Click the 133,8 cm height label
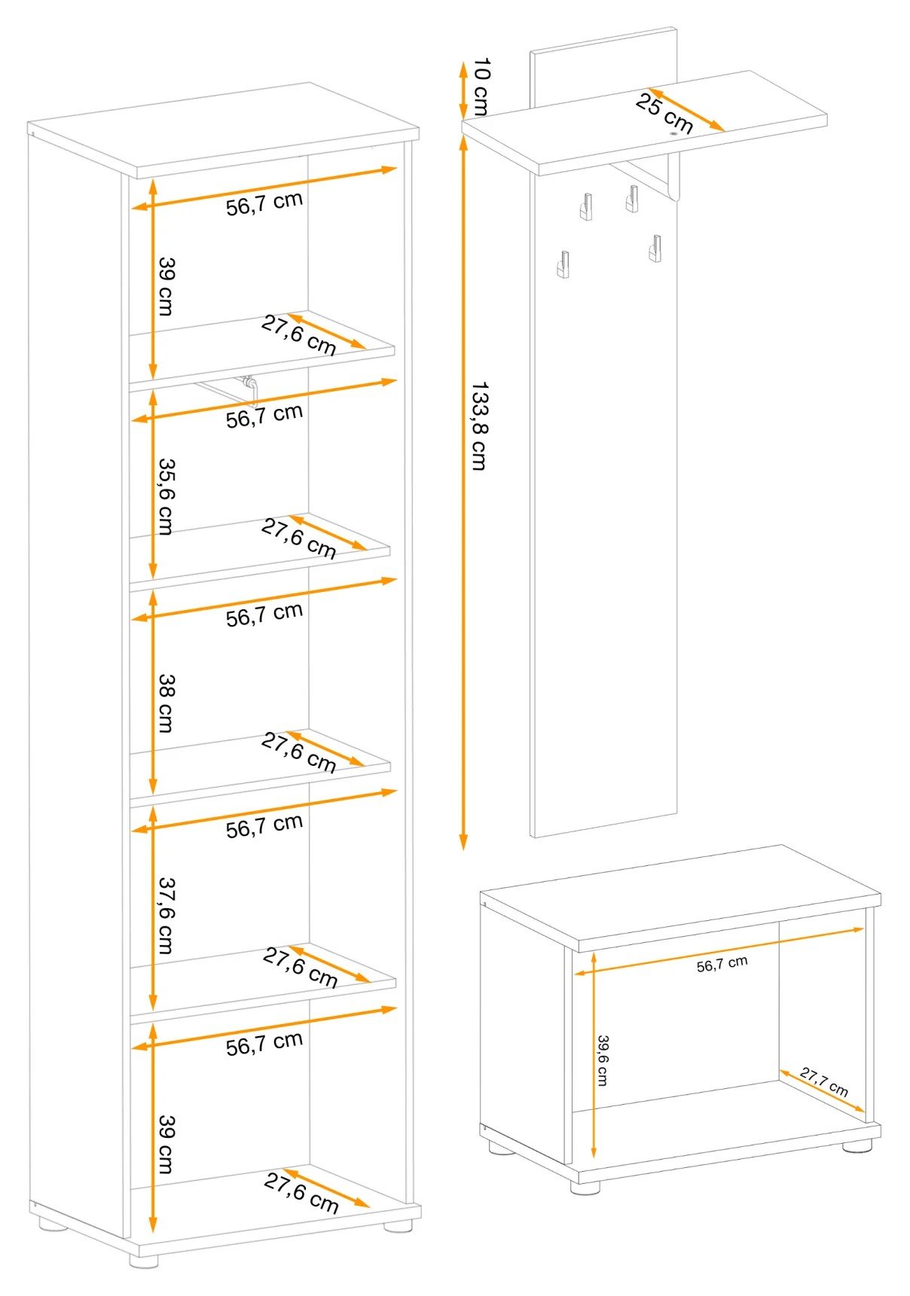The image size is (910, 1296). pos(479,425)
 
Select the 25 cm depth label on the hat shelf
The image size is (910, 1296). pos(664,112)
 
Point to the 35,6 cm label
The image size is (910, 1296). pos(166,496)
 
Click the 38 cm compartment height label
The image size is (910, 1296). pos(166,703)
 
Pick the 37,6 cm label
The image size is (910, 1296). pos(166,915)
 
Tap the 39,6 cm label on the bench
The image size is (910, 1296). pos(603,1060)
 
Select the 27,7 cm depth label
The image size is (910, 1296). pos(824,1082)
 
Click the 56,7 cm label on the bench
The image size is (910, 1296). pos(722,964)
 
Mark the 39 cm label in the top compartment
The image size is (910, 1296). pos(166,286)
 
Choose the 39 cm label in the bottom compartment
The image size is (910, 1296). pos(166,1144)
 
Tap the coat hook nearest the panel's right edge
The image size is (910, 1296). pos(656,248)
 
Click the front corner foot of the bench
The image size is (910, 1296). pos(585,1187)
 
